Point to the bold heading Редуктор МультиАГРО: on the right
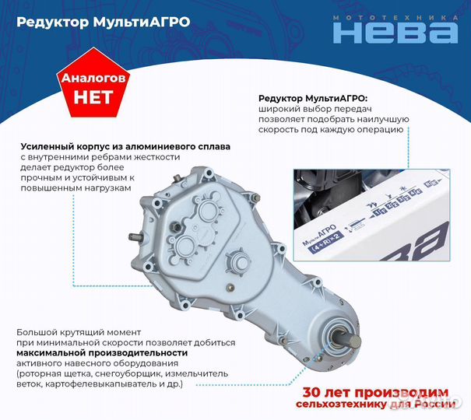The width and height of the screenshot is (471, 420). point(316,98)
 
